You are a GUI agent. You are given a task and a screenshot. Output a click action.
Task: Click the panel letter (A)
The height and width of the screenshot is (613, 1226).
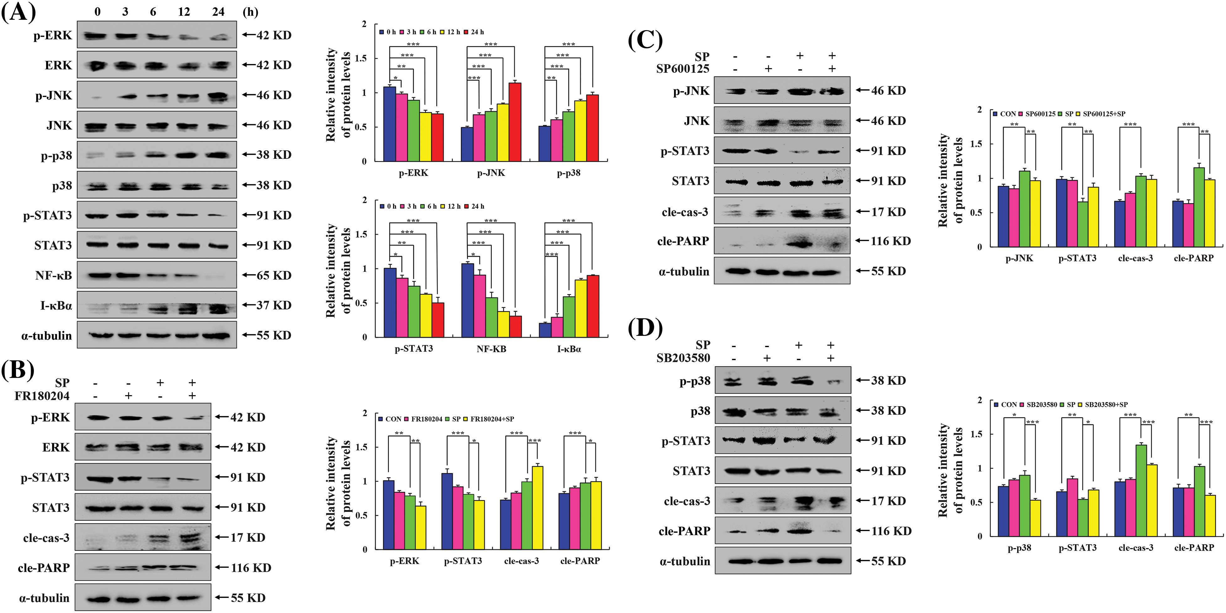click(19, 12)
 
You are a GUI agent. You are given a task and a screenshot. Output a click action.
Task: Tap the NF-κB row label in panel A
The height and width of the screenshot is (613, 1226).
click(53, 275)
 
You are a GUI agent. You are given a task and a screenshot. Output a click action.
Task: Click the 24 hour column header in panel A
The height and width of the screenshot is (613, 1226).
click(218, 12)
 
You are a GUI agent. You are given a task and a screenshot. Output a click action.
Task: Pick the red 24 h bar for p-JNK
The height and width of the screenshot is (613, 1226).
click(514, 122)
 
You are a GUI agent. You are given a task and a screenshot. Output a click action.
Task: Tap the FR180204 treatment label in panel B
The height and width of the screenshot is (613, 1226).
click(42, 396)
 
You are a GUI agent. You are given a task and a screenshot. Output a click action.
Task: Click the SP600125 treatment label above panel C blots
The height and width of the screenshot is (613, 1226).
click(682, 69)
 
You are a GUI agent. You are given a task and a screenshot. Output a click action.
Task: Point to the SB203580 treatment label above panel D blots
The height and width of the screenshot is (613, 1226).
click(683, 358)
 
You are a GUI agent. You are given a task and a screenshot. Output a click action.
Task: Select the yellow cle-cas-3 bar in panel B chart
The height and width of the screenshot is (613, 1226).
click(537, 508)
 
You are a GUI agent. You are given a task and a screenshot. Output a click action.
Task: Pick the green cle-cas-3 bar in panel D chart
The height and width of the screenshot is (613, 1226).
click(1141, 491)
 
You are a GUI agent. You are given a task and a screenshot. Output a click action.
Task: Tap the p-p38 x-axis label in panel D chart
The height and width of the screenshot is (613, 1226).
click(1019, 548)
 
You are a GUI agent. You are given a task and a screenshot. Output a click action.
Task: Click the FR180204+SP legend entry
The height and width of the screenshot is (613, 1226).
click(492, 419)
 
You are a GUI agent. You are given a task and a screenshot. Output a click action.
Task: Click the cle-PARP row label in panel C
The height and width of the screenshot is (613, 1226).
click(683, 241)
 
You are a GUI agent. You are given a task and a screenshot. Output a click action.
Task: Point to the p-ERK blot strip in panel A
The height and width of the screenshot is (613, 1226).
click(157, 35)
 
